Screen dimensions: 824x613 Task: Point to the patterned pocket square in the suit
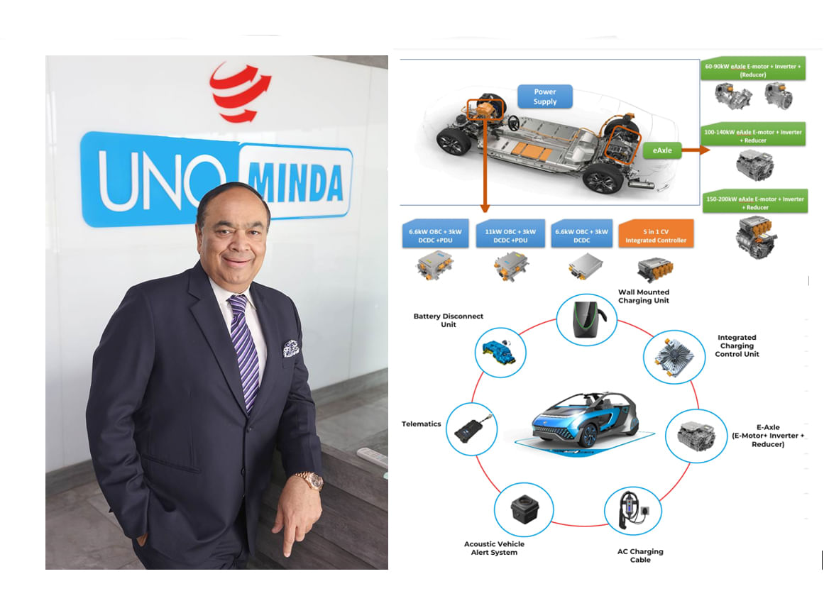[291, 348]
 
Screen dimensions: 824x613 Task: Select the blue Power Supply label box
[545, 96]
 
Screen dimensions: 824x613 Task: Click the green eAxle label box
[662, 150]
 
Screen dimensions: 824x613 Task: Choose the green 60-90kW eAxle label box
[753, 69]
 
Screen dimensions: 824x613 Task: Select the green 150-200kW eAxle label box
[755, 202]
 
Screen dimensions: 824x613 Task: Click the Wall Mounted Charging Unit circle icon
[587, 319]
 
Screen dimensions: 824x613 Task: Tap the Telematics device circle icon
[472, 429]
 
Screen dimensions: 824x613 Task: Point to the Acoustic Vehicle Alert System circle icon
[523, 509]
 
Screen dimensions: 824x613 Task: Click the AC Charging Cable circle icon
[633, 511]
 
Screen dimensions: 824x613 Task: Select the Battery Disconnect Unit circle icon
[500, 352]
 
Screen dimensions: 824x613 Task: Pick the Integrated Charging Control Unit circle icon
[674, 357]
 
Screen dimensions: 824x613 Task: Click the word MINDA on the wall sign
[295, 182]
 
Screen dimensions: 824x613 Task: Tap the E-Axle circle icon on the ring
[696, 436]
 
